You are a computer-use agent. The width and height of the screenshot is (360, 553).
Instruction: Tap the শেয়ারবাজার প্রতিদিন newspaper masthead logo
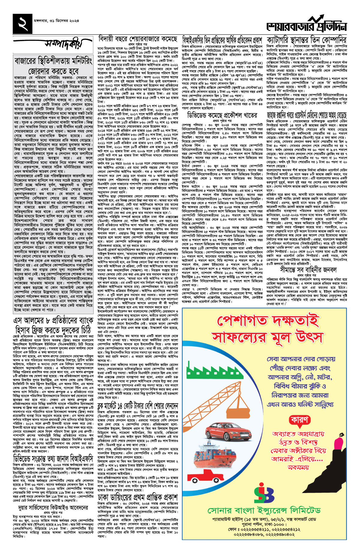click(x=306, y=25)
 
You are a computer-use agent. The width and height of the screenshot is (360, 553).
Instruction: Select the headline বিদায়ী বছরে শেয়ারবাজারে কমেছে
click(x=138, y=39)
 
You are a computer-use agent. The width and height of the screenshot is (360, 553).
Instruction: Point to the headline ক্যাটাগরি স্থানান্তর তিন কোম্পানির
click(x=306, y=40)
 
